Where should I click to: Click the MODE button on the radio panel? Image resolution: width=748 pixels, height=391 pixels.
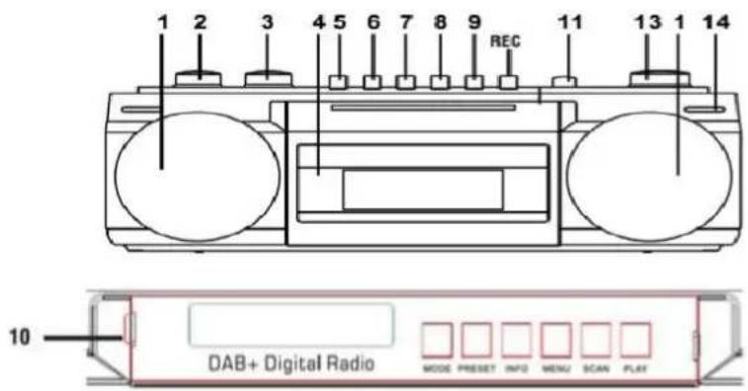tap(436, 340)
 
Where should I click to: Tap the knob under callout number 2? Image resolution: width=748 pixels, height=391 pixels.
tap(196, 76)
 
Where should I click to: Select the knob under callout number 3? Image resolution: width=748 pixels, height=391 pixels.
tap(267, 76)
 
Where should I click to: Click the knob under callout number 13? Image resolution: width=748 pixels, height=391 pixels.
tap(658, 76)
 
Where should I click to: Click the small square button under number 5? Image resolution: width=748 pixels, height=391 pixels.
tap(339, 83)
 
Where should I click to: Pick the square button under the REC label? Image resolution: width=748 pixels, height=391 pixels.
tap(506, 83)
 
